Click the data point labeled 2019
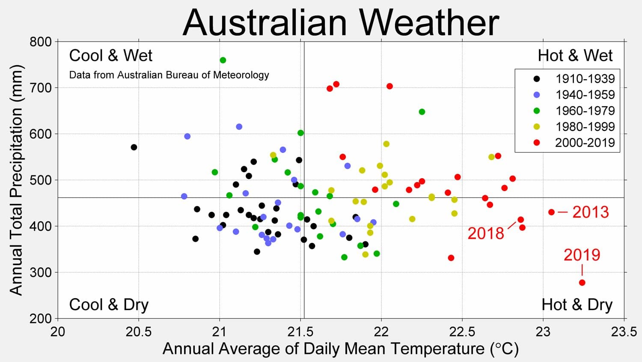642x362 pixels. pyautogui.click(x=582, y=283)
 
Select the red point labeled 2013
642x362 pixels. pyautogui.click(x=551, y=212)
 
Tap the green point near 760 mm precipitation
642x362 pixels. pyautogui.click(x=223, y=60)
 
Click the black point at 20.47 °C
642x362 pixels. pyautogui.click(x=134, y=147)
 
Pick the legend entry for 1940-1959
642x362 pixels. pyautogui.click(x=585, y=95)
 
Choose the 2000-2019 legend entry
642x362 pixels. pyautogui.click(x=585, y=143)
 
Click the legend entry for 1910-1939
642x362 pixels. pyautogui.click(x=585, y=79)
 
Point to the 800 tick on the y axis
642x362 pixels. pyautogui.click(x=41, y=42)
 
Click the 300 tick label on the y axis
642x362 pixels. pyautogui.click(x=41, y=272)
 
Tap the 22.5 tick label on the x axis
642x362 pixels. pyautogui.click(x=462, y=332)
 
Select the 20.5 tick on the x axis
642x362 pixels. pyautogui.click(x=138, y=332)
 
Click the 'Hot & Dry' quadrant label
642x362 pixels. pyautogui.click(x=577, y=305)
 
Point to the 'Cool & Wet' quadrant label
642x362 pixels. pyautogui.click(x=110, y=56)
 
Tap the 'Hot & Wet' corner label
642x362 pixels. pyautogui.click(x=575, y=56)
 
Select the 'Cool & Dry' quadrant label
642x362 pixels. pyautogui.click(x=109, y=305)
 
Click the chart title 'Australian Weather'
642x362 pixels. pyautogui.click(x=341, y=22)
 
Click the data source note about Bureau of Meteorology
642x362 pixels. pyautogui.click(x=169, y=75)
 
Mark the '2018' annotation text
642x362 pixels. pyautogui.click(x=486, y=233)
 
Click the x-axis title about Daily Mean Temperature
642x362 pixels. pyautogui.click(x=340, y=349)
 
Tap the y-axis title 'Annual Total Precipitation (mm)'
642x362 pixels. pyautogui.click(x=16, y=180)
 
